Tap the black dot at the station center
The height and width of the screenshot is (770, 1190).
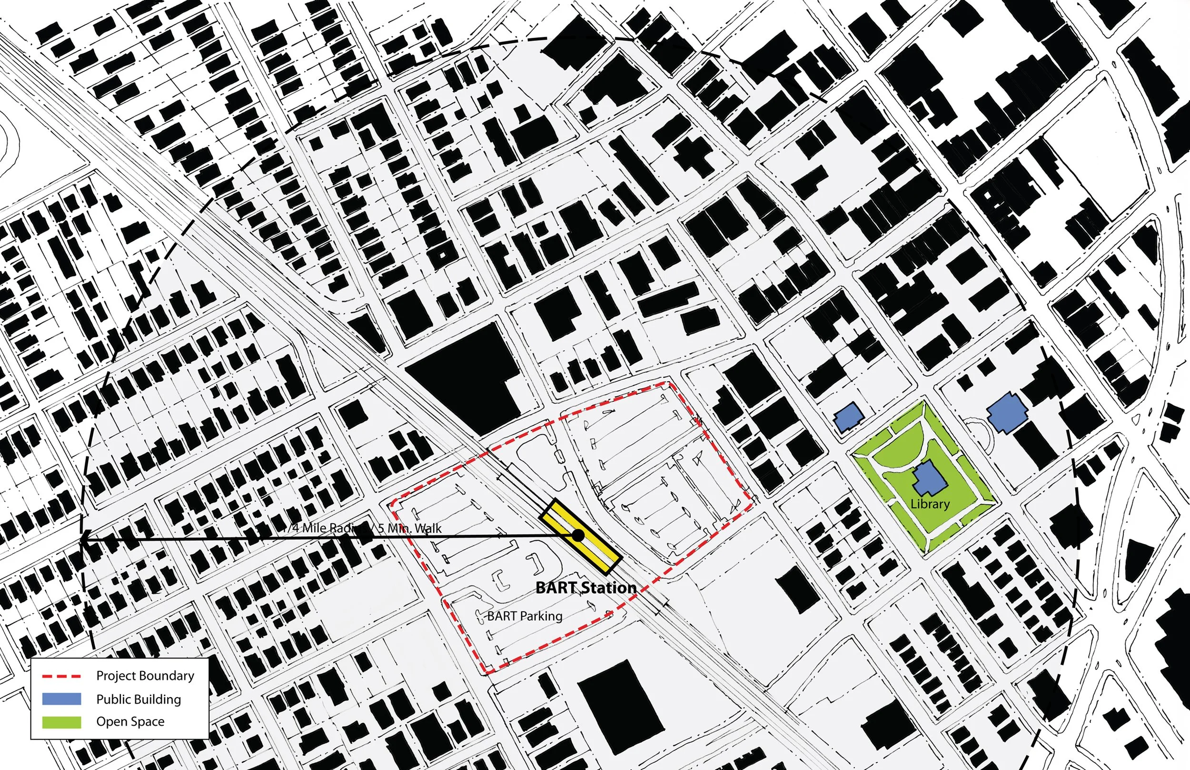point(578,535)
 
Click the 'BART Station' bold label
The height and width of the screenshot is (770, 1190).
point(585,588)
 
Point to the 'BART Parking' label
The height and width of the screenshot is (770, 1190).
point(525,616)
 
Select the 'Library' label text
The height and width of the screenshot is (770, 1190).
point(930,503)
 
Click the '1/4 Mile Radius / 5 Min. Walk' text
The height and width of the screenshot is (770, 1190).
point(362,528)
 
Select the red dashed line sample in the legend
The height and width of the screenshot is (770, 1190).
point(61,676)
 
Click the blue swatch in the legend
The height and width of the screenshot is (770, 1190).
point(61,699)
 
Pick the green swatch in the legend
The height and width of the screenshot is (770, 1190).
point(61,721)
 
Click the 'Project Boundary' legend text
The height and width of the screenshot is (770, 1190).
point(145,676)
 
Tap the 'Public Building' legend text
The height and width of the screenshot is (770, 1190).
point(139,699)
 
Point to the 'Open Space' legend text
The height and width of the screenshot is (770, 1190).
point(130,721)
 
